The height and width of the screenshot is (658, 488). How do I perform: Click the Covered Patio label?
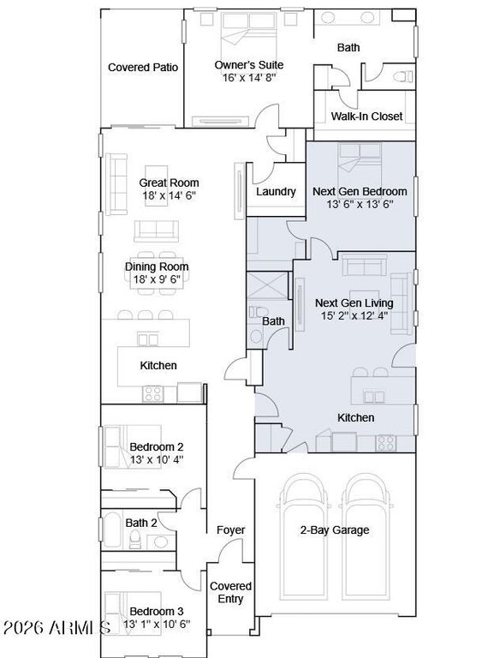143,68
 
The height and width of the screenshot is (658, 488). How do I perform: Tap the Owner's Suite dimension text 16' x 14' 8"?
249,78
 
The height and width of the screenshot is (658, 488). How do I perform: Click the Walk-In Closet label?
366,117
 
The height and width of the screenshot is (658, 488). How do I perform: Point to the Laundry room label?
276,192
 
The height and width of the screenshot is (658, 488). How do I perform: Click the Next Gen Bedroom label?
360,191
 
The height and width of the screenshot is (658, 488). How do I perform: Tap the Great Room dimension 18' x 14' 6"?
169,195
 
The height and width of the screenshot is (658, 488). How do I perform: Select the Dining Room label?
157,267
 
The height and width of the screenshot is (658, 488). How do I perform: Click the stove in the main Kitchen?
152,394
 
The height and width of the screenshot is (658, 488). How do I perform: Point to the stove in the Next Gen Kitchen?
385,443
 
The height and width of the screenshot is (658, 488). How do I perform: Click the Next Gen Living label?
354,303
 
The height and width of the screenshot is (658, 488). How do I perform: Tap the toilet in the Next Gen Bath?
259,312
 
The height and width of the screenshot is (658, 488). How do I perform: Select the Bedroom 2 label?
157,447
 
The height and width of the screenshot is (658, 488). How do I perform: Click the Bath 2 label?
141,523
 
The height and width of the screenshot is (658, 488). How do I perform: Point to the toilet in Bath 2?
134,539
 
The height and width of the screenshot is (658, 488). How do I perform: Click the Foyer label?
230,530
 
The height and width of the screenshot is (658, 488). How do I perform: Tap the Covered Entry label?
230,592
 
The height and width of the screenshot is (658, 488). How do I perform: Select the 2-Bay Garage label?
335,530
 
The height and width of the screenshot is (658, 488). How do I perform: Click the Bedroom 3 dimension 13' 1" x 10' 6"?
157,624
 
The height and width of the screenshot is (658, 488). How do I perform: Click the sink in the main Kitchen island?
148,339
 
